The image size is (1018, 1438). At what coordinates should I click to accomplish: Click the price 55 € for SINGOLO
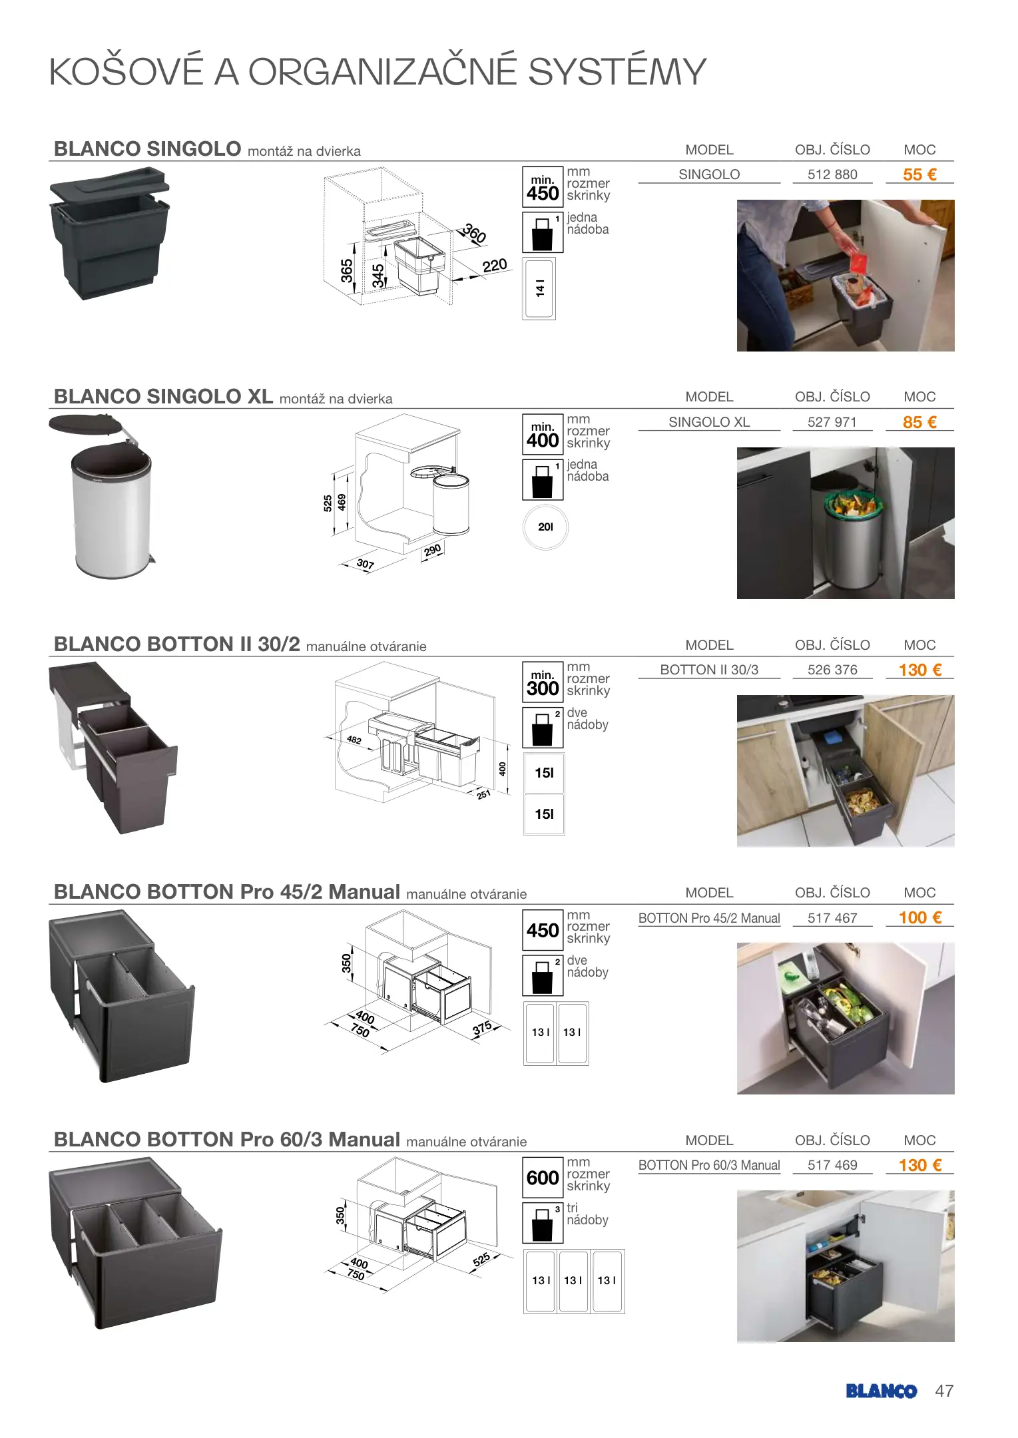tap(919, 174)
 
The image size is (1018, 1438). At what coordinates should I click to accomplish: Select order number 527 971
tap(832, 422)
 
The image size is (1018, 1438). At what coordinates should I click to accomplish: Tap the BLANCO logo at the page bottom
tap(882, 1391)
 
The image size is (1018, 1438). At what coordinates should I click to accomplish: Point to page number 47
tap(944, 1391)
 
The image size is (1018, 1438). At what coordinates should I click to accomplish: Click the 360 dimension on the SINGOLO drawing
tap(474, 233)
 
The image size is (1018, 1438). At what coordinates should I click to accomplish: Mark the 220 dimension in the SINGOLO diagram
tap(495, 266)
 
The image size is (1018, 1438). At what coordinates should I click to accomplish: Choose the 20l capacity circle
tap(546, 527)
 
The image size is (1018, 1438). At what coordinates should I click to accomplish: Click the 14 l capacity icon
tap(539, 288)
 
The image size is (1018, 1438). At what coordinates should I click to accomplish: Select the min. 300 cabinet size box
tap(543, 682)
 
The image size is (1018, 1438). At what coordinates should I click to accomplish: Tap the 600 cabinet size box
tap(543, 1178)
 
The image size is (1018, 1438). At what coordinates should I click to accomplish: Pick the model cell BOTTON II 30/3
tap(709, 670)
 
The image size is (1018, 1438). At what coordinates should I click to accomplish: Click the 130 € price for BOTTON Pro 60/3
tap(920, 1165)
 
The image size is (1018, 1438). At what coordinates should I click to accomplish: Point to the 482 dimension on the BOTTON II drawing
tap(354, 740)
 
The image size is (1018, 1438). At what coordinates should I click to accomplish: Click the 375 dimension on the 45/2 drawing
tap(482, 1028)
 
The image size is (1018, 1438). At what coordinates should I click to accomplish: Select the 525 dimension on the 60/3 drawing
tap(481, 1260)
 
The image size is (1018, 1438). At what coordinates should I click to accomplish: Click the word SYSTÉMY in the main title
tap(617, 71)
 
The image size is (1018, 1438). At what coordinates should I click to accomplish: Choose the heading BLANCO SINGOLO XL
tap(163, 396)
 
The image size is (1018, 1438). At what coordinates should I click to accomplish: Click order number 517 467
tap(832, 918)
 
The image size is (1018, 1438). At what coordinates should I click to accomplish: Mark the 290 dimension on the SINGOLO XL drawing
tap(433, 551)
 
